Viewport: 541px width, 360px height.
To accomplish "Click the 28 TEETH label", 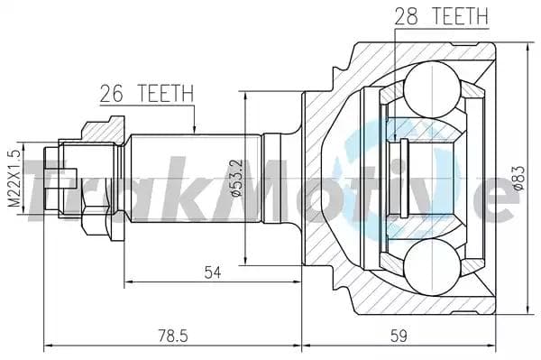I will tap(441, 15).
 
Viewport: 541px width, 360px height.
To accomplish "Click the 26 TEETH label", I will tap(145, 93).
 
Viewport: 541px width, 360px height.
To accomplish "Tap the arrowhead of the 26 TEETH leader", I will tap(193, 130).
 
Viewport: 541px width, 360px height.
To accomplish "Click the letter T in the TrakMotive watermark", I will tap(41, 185).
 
